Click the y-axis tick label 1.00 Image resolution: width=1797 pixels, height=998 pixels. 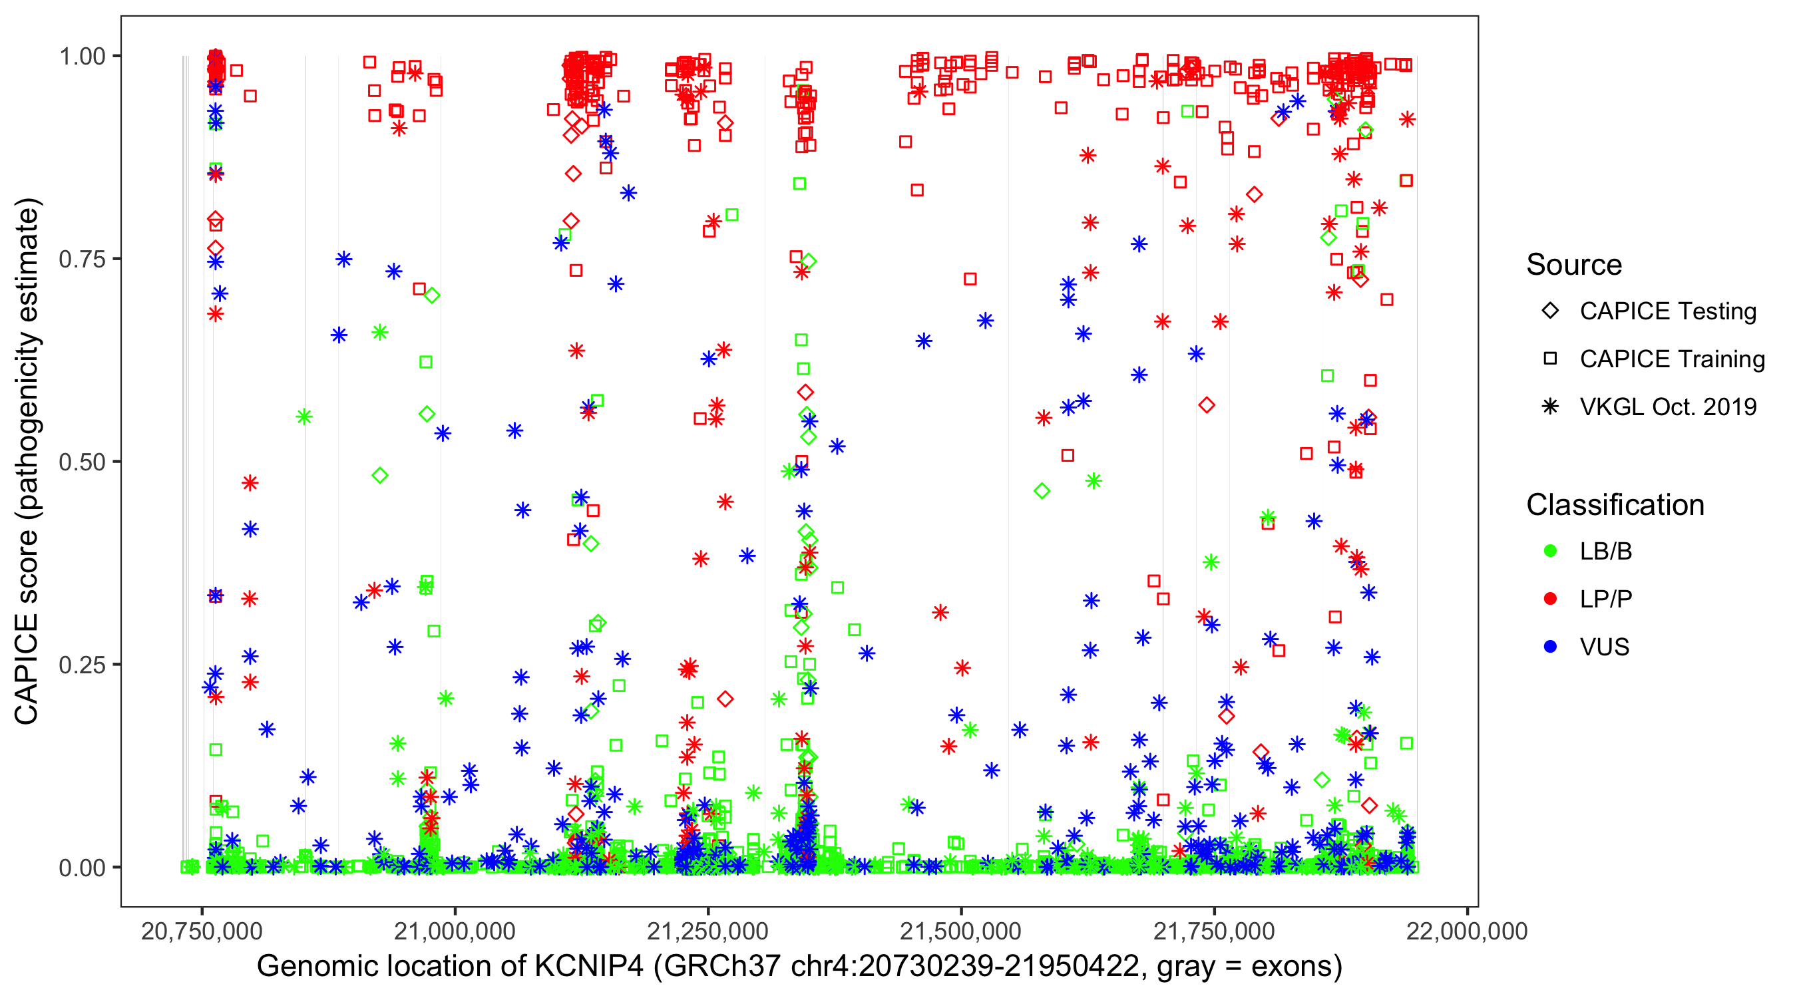82,57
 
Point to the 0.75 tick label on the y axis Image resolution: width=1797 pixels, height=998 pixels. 82,259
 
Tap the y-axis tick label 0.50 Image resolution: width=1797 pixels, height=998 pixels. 82,462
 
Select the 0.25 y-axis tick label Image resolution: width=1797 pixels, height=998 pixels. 82,665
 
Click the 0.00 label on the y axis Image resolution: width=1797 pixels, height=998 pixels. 82,868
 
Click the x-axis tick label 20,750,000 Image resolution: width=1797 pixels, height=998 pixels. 202,931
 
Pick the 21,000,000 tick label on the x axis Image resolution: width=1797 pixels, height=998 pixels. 455,931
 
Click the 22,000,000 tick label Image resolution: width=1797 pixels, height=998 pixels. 1467,931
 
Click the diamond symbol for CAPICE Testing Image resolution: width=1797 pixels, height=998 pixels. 1550,311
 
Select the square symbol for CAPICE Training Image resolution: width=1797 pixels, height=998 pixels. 1550,359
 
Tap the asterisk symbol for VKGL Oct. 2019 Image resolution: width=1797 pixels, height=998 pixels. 1550,407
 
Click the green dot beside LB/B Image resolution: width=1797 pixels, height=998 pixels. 1550,551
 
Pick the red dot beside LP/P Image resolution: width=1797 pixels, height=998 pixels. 1550,599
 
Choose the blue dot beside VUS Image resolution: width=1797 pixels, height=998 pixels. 1550,647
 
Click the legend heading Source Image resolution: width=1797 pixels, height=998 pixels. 1574,265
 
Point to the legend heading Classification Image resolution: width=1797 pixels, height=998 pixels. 1615,505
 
